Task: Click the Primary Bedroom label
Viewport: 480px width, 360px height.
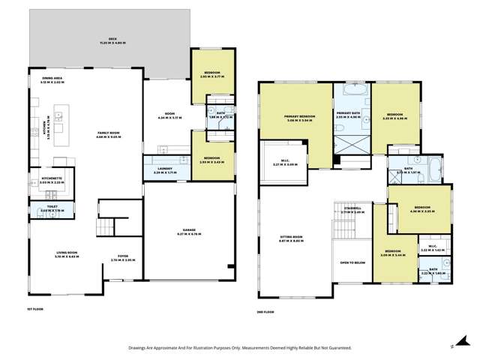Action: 298,117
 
